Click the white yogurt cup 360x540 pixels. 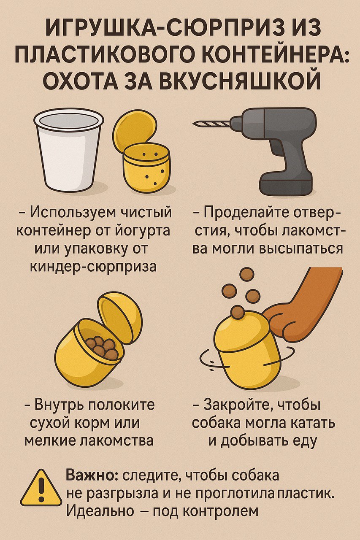click(x=69, y=151)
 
